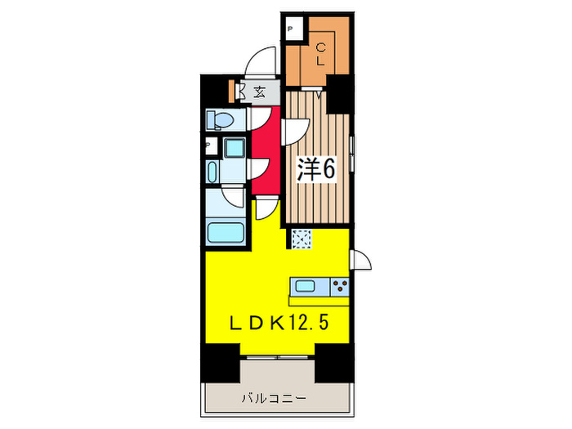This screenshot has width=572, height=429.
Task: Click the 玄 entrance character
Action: tap(258, 92)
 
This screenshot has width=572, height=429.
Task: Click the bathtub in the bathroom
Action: tap(225, 230)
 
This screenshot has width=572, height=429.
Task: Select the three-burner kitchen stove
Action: tap(339, 286)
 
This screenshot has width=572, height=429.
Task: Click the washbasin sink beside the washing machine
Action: tap(213, 172)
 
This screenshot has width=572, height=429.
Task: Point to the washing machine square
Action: tap(235, 150)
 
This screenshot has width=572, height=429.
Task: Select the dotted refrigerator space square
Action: tap(302, 239)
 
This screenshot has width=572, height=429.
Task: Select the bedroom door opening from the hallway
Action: tap(295, 130)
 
